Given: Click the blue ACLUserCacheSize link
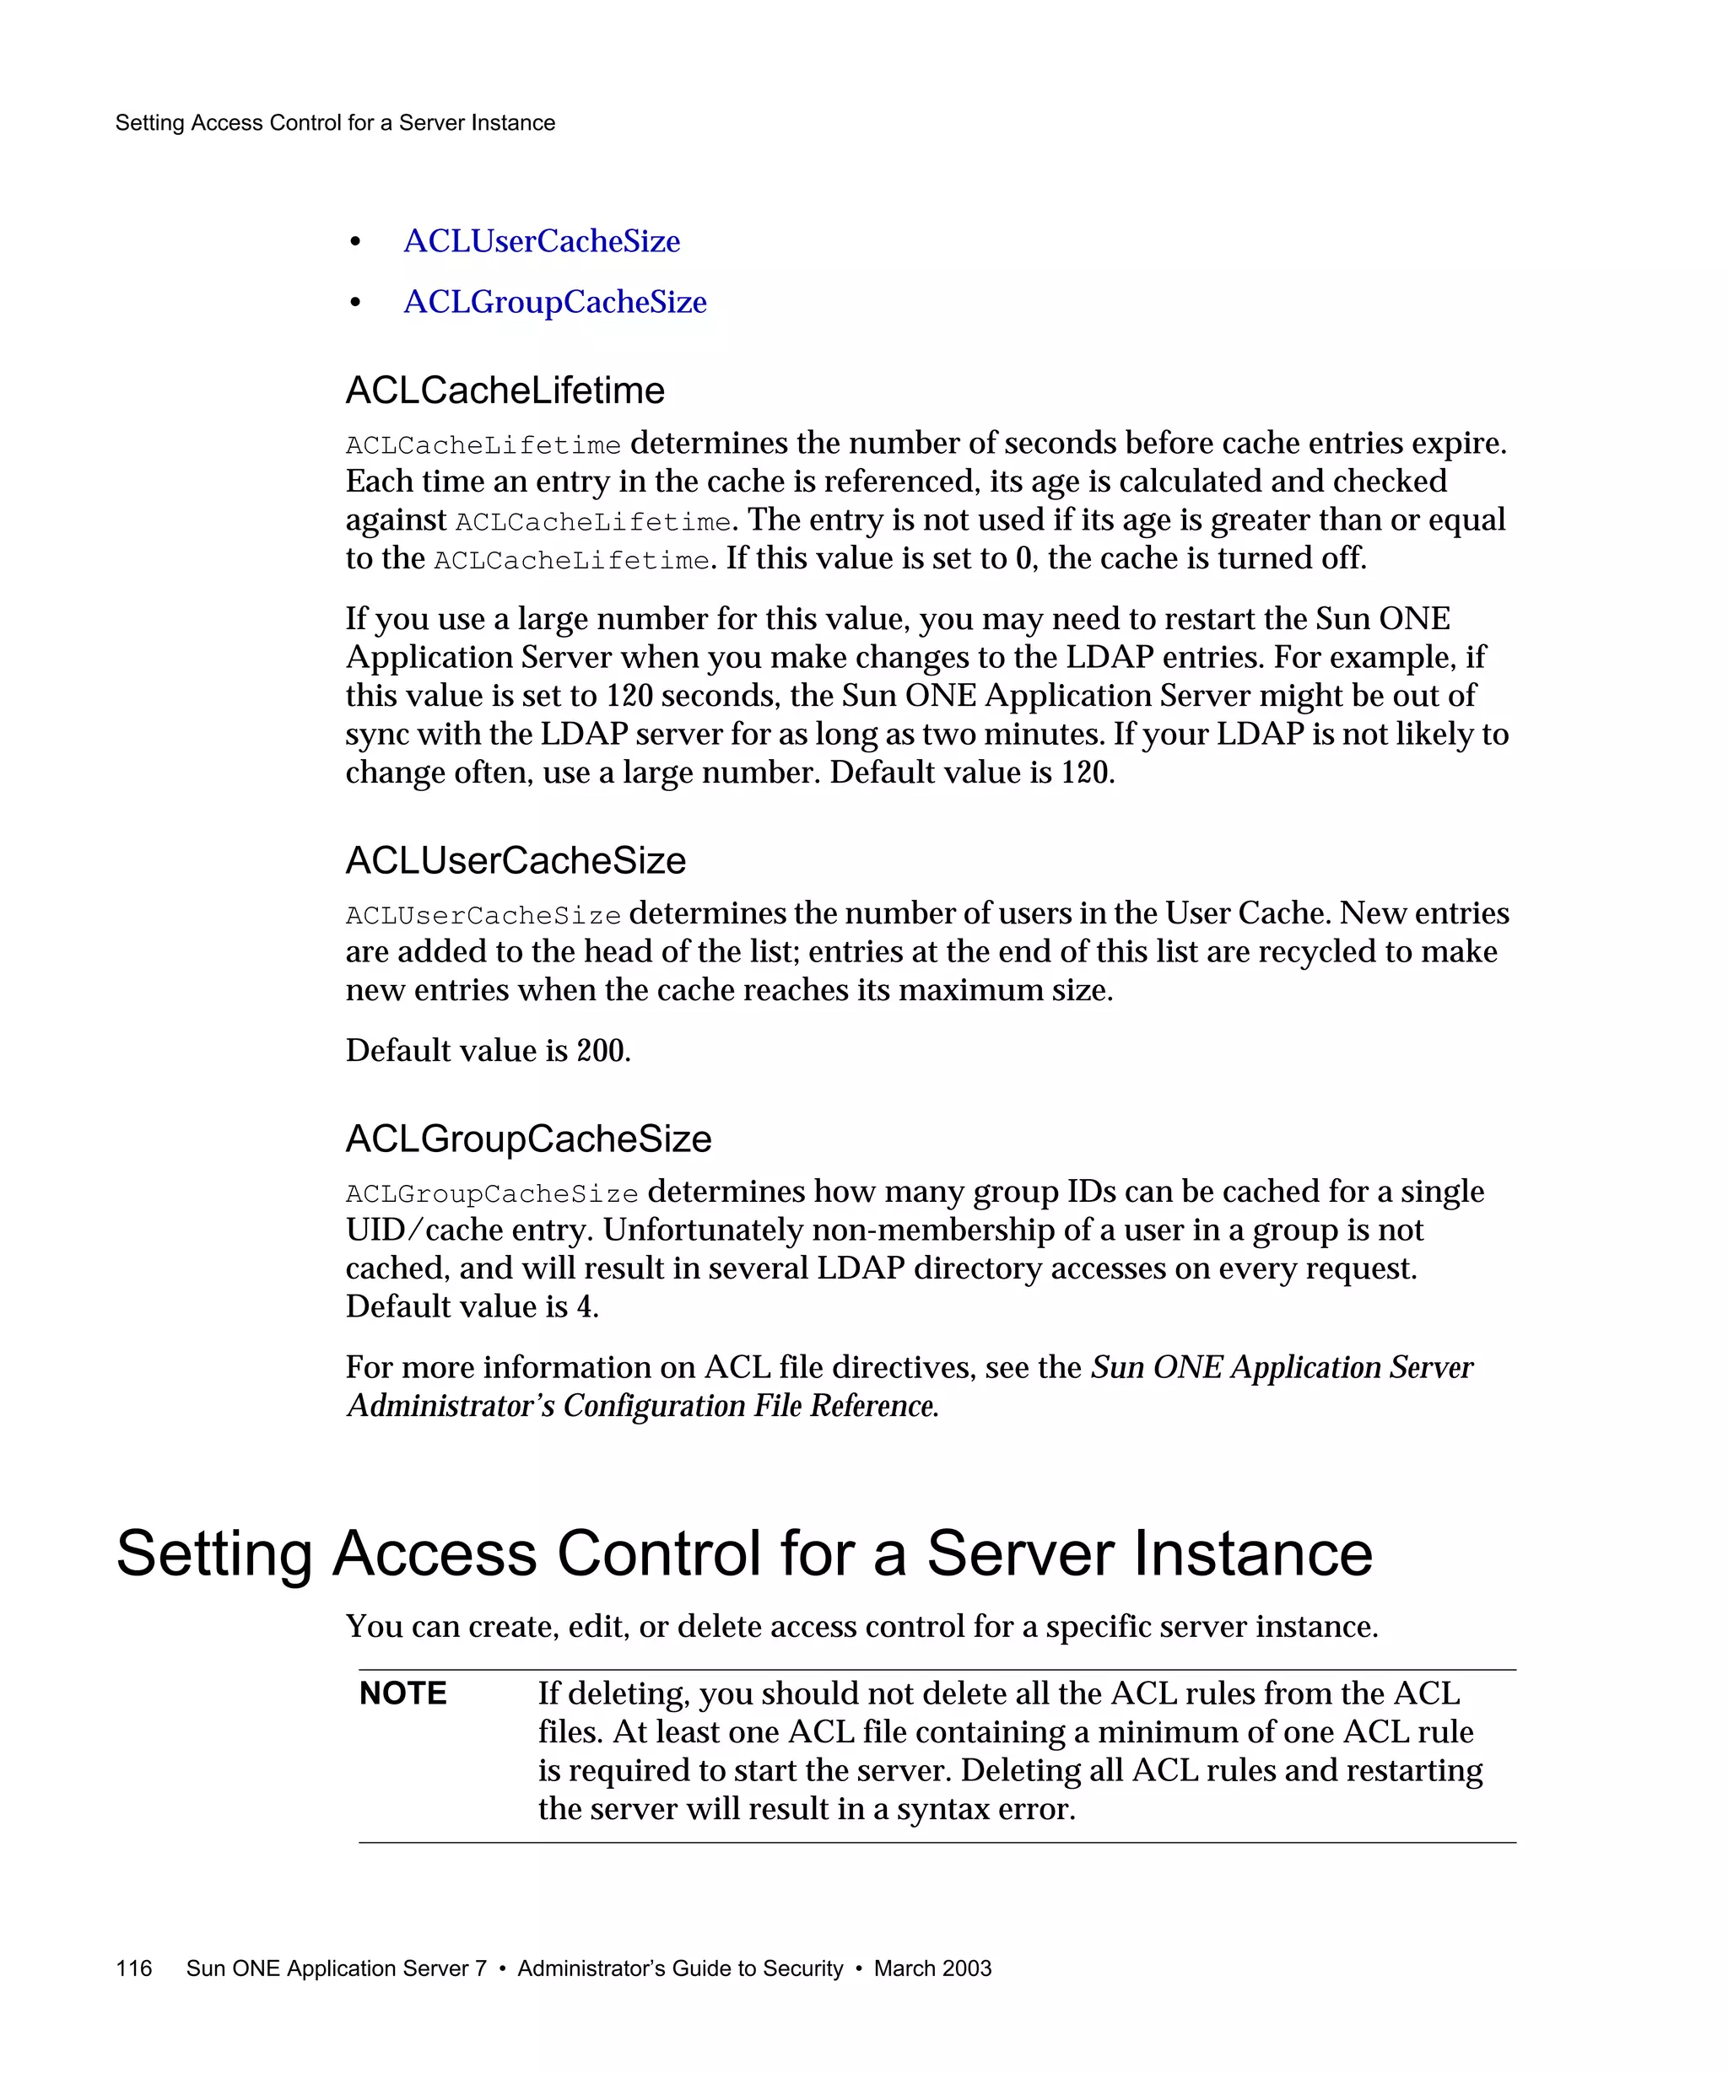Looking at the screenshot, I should (x=541, y=241).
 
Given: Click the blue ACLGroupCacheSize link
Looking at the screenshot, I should (x=555, y=302).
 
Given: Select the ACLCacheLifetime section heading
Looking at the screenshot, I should (x=505, y=391).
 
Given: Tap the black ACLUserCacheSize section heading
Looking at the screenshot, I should (x=516, y=861).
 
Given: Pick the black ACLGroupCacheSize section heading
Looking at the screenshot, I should (x=528, y=1139).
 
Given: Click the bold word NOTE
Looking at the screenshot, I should (x=402, y=1694).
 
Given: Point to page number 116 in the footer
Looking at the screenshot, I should (x=133, y=1968).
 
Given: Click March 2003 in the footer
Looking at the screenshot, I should (x=932, y=1968).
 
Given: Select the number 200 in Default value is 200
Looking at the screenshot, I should (x=601, y=1050).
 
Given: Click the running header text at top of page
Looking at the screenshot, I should (x=335, y=123).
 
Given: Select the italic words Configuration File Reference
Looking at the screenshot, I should (x=750, y=1406).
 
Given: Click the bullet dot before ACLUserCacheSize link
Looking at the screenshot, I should (x=355, y=242).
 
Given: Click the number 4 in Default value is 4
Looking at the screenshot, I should (x=586, y=1307).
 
